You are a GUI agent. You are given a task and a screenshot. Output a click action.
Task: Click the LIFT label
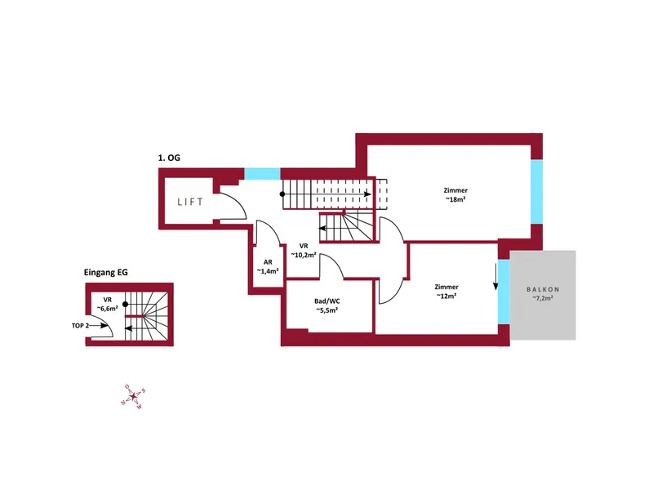tap(190, 202)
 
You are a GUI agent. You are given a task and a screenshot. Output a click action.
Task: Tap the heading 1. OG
tap(169, 158)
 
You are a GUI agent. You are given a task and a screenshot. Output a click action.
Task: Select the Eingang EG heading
tap(106, 273)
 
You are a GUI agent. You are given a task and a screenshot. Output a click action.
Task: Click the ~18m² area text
tap(455, 199)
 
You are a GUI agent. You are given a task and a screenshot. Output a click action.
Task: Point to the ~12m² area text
tap(446, 296)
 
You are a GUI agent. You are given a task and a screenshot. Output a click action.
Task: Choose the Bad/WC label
tap(327, 301)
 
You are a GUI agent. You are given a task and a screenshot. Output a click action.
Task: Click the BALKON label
tap(543, 289)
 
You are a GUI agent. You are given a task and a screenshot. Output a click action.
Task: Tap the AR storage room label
tap(268, 262)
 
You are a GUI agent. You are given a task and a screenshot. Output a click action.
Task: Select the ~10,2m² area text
tap(303, 255)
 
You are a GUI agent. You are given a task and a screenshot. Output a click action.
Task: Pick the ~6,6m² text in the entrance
tap(108, 309)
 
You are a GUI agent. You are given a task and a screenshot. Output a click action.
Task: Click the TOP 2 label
tap(80, 325)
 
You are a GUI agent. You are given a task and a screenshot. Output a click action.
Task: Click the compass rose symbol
tap(133, 397)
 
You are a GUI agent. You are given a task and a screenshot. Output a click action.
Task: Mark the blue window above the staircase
tap(262, 173)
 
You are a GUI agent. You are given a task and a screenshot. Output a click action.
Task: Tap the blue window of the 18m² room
tap(537, 192)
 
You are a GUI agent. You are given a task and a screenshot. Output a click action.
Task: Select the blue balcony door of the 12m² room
tap(504, 292)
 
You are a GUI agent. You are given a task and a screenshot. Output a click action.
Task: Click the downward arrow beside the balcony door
tap(495, 276)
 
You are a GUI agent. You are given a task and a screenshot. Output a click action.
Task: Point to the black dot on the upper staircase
tap(282, 194)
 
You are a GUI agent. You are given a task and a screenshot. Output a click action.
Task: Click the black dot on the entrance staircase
tap(126, 305)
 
